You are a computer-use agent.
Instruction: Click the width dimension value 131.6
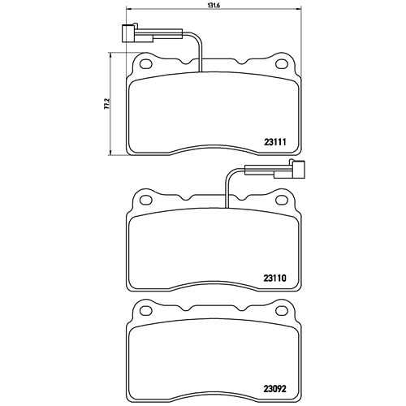214,6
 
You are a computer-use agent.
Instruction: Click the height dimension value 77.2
107,104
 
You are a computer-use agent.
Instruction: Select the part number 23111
274,142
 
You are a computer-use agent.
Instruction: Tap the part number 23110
274,279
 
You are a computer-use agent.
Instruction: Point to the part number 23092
274,389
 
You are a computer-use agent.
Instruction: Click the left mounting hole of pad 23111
146,64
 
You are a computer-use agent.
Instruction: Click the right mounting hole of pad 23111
282,64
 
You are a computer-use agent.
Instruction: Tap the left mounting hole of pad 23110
146,200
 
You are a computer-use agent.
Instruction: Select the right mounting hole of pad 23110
282,200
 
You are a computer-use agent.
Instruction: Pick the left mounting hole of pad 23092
146,310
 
